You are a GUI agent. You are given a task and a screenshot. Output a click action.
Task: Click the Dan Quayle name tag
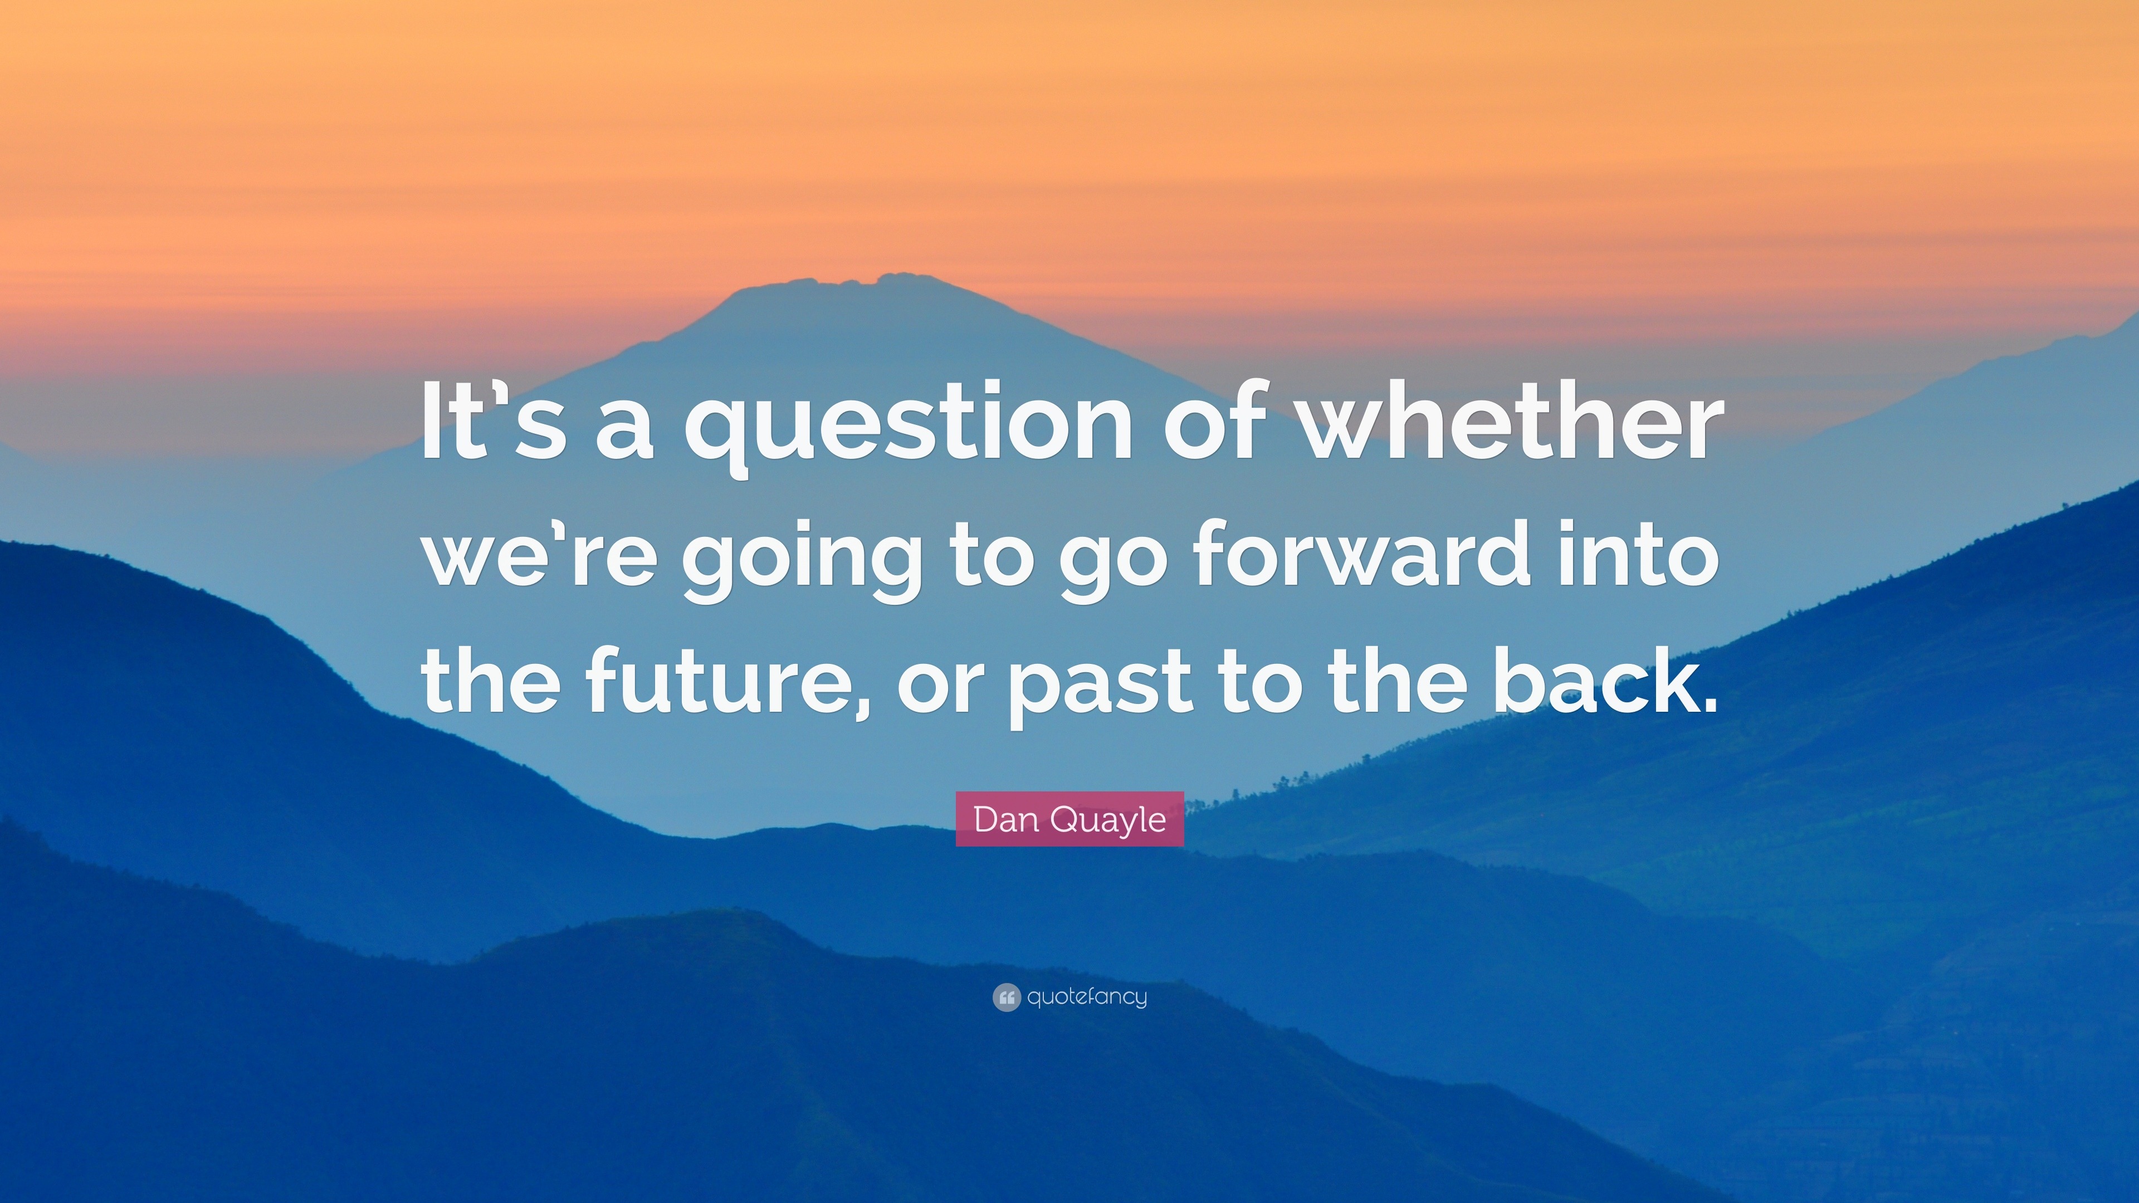[x=1069, y=819]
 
